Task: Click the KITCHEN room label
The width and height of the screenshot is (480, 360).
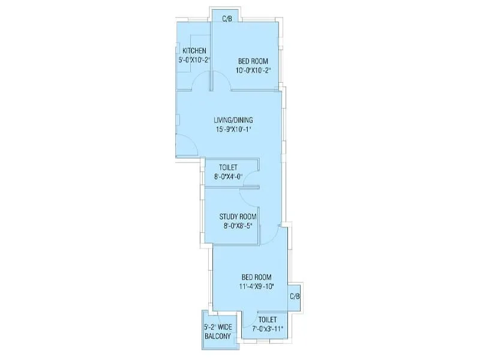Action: [194, 50]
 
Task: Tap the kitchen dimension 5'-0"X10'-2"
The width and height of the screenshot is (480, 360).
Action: [194, 60]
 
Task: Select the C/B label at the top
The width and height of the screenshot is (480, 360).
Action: [227, 19]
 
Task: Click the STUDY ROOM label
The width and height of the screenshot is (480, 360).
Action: [238, 217]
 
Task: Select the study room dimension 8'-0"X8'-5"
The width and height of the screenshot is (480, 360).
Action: [238, 226]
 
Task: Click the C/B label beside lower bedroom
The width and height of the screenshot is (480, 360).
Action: [295, 296]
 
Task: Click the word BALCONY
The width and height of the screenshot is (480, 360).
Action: [217, 337]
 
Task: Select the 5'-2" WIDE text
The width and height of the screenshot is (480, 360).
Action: [217, 327]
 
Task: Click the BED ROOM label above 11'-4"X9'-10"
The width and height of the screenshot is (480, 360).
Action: [257, 277]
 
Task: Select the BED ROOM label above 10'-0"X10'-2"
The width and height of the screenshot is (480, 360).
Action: [253, 61]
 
